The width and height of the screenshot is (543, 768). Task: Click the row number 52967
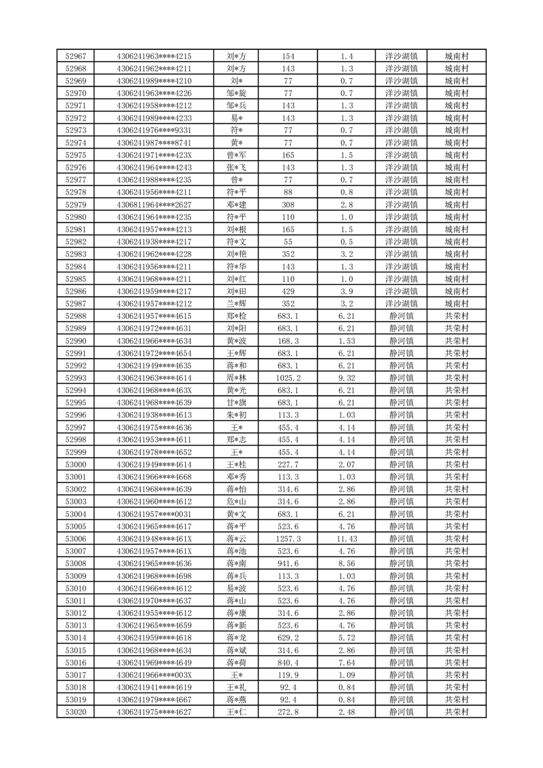pos(75,56)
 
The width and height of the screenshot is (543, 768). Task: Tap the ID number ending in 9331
pos(154,130)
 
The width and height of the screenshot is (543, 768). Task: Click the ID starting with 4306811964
pos(154,205)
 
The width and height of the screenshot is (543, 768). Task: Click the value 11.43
pos(347,539)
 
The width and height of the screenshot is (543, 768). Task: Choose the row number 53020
pos(75,712)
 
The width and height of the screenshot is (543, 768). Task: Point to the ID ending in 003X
pos(154,675)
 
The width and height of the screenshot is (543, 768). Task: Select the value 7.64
pos(347,663)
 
